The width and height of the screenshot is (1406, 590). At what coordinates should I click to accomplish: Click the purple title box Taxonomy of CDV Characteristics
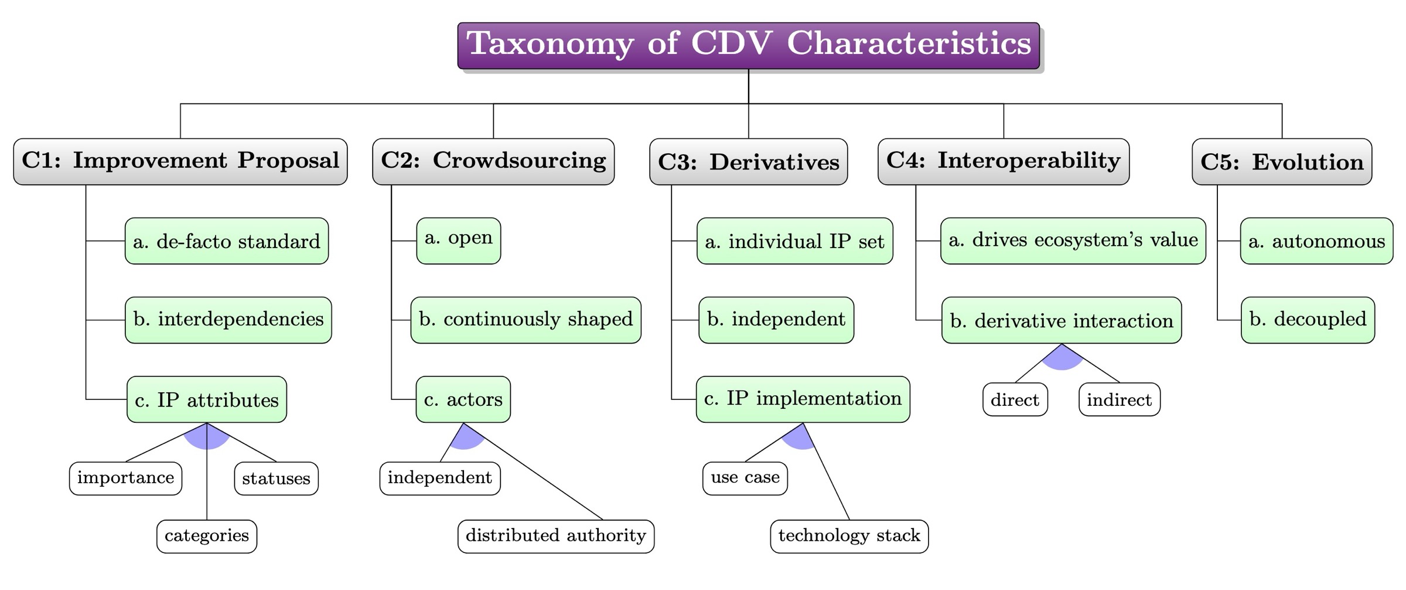click(x=748, y=45)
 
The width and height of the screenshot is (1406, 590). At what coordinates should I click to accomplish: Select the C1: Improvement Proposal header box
click(x=180, y=161)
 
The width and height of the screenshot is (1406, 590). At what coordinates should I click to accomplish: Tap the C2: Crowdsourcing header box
click(x=493, y=161)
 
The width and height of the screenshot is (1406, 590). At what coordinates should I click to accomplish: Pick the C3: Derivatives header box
click(x=748, y=162)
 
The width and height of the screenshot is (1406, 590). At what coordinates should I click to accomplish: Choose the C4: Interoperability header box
click(x=1003, y=161)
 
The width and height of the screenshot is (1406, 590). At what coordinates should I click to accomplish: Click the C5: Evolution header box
click(x=1281, y=162)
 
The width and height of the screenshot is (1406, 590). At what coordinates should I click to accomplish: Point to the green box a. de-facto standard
click(x=227, y=241)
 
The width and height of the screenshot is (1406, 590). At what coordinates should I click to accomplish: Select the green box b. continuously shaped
click(x=525, y=320)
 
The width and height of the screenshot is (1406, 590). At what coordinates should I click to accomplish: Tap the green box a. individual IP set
click(x=794, y=241)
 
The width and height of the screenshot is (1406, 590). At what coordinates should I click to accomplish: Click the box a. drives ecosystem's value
click(x=1073, y=240)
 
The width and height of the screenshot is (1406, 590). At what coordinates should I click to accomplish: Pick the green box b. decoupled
click(x=1307, y=320)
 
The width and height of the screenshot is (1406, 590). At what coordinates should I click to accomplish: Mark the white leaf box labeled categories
click(x=207, y=536)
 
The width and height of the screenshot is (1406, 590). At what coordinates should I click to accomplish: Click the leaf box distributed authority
click(x=555, y=536)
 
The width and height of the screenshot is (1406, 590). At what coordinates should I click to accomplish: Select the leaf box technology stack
click(x=849, y=536)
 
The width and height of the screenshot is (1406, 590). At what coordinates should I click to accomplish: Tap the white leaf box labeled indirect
click(x=1119, y=400)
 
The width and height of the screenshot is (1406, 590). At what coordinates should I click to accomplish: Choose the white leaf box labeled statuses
click(x=276, y=479)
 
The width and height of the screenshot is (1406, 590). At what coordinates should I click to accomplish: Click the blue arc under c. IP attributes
click(x=207, y=439)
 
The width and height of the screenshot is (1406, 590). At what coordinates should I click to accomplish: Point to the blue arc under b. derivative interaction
click(x=1062, y=360)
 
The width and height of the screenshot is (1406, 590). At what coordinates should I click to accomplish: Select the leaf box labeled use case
click(x=745, y=478)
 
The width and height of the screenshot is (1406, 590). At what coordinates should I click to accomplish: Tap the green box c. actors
click(x=463, y=399)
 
